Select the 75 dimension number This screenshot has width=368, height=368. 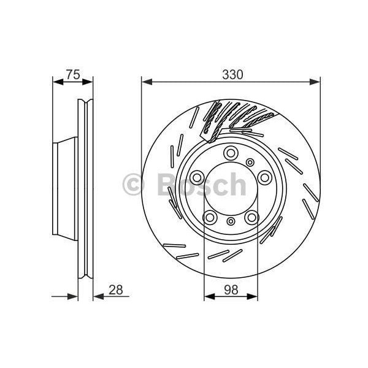73,75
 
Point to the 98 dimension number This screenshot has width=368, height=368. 231,288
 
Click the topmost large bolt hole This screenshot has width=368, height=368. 231,153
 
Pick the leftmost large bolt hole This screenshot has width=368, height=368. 197,178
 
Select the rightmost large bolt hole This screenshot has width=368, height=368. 264,177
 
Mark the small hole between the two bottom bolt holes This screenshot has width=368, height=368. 231,221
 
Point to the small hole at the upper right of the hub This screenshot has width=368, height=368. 250,162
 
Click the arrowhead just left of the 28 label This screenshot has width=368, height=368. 97,297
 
